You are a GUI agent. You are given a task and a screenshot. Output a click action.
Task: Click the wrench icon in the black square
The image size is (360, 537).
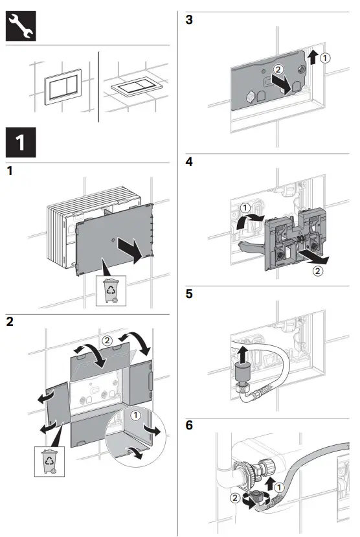click(x=21, y=26)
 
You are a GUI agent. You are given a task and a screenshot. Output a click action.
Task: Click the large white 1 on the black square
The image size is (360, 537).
click(x=20, y=143)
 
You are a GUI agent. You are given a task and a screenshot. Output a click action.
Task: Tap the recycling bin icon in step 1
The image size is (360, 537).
click(x=111, y=291)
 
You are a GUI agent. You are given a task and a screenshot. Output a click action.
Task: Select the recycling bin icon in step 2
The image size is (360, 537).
click(x=50, y=462)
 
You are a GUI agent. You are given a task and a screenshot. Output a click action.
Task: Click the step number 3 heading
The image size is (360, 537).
click(x=189, y=19)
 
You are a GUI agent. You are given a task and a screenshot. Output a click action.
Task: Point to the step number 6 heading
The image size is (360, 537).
click(x=189, y=425)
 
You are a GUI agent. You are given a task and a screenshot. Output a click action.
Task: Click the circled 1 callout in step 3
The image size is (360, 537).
click(x=325, y=58)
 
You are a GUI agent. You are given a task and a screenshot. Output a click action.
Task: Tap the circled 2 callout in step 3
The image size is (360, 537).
click(x=278, y=69)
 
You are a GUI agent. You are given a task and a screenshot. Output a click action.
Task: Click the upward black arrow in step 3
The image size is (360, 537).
click(x=312, y=57)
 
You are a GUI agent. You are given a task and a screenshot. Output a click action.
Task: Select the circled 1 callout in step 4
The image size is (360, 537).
click(x=245, y=208)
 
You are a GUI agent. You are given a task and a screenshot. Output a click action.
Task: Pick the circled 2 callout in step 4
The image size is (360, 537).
click(x=317, y=271)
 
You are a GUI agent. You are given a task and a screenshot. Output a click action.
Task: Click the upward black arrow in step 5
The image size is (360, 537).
click(x=243, y=354)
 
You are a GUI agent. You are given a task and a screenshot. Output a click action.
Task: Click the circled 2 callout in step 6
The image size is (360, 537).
click(x=235, y=497)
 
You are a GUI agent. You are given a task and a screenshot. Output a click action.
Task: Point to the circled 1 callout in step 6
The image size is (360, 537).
click(x=280, y=487)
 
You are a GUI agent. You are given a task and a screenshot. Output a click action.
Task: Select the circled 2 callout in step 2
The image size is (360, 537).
click(x=107, y=341)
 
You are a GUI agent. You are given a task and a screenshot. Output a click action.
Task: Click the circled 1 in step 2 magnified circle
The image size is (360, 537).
click(x=136, y=415)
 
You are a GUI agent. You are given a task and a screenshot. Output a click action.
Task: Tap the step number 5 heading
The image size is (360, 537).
click(x=189, y=293)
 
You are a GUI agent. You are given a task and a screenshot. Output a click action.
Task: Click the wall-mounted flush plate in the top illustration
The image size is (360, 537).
click(x=63, y=87)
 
